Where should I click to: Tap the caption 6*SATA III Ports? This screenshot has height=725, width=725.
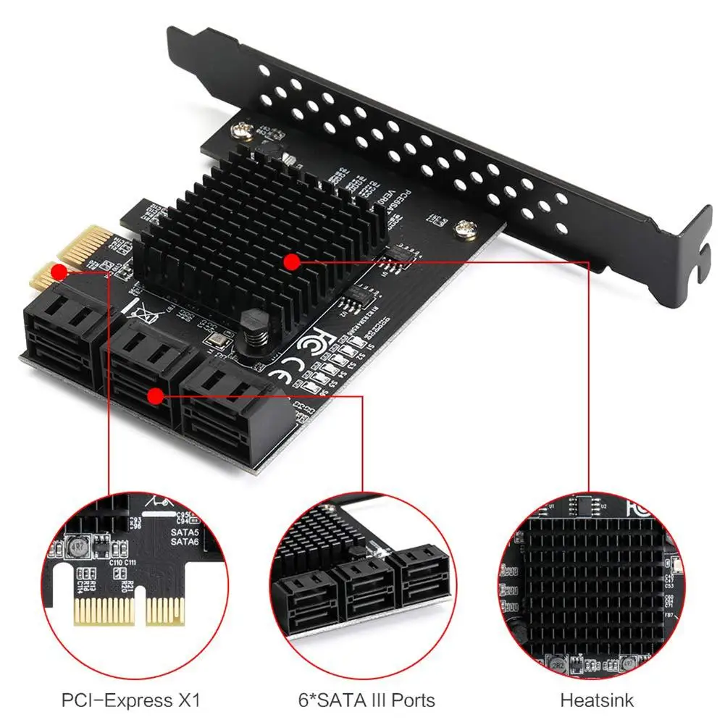click(x=368, y=700)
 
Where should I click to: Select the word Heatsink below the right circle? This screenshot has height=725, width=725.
click(x=597, y=700)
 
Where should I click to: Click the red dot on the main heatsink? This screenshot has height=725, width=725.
click(x=291, y=261)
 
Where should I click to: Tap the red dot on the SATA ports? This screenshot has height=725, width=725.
click(x=154, y=395)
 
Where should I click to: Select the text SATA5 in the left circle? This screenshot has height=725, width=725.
click(x=185, y=532)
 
